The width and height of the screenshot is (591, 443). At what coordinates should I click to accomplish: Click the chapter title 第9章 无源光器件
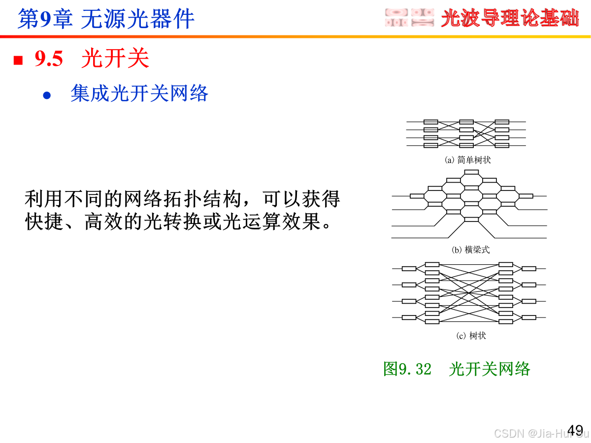[106, 19]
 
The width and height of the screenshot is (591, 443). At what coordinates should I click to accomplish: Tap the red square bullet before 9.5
[18, 60]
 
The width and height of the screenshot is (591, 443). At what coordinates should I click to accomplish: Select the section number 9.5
[49, 59]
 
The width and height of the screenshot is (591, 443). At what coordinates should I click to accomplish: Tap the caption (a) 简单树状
[467, 160]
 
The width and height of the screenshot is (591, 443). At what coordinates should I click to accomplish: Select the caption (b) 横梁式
[471, 250]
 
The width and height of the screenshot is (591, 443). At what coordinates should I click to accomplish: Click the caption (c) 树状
[471, 336]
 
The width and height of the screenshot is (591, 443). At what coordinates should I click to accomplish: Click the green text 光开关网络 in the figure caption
[489, 369]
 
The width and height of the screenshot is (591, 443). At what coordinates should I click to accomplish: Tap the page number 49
[575, 429]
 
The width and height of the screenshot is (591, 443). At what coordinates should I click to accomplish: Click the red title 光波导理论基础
[510, 19]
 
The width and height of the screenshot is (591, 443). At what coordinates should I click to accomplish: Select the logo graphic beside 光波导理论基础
[409, 18]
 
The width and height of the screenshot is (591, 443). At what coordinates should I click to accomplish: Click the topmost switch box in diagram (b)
[471, 172]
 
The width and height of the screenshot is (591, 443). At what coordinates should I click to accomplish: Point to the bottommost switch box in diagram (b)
[471, 219]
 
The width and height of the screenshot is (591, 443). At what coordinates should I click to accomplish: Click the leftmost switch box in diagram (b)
[417, 196]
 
